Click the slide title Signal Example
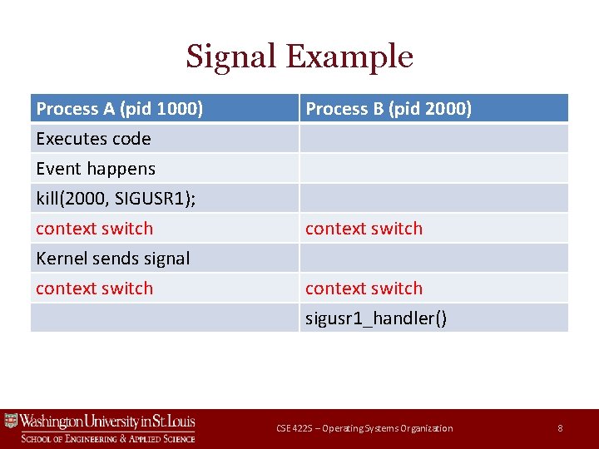click(x=299, y=57)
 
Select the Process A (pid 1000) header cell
click(x=119, y=109)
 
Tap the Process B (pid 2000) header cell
click(x=389, y=109)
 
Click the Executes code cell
click(x=93, y=139)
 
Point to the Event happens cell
click(x=96, y=169)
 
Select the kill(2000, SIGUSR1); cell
click(x=116, y=199)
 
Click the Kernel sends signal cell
click(x=112, y=259)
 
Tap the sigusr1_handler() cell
click(x=376, y=318)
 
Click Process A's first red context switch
click(x=94, y=229)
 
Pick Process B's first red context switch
click(x=364, y=229)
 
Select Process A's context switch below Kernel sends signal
click(x=94, y=289)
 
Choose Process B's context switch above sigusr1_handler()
click(x=364, y=289)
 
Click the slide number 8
click(x=560, y=428)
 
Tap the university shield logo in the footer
click(x=11, y=422)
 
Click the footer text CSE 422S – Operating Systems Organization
click(x=364, y=428)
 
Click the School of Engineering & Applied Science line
click(x=108, y=438)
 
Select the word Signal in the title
click(x=230, y=57)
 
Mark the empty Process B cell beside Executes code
click(x=433, y=139)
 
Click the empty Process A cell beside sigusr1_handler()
click(x=164, y=318)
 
